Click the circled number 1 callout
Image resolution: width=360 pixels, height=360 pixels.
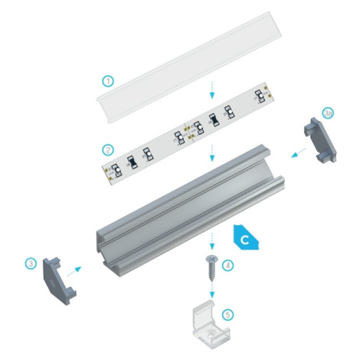108,81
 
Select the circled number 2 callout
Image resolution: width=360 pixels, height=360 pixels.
108,150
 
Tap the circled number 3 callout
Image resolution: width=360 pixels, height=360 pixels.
31,263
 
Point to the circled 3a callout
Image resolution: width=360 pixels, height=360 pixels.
328,113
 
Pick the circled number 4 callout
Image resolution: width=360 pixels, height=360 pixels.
228,266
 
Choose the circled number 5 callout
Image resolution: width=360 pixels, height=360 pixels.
228,315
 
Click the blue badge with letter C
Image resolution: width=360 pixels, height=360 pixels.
246,237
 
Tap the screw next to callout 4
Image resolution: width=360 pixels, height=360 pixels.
211,268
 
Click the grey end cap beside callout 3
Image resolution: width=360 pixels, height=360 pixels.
59,281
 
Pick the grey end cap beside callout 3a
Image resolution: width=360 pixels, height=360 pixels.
320,140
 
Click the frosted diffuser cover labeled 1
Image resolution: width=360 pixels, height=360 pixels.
189,67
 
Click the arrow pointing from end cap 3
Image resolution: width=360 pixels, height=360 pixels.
74,271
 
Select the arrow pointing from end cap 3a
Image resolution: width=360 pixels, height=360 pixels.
299,152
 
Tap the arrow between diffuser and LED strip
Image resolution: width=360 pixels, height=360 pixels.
211,90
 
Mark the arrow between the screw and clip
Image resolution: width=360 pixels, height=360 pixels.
211,290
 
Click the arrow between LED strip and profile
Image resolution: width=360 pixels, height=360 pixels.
211,153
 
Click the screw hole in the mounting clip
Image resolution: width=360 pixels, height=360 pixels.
211,334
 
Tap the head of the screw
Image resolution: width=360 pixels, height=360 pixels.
211,259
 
